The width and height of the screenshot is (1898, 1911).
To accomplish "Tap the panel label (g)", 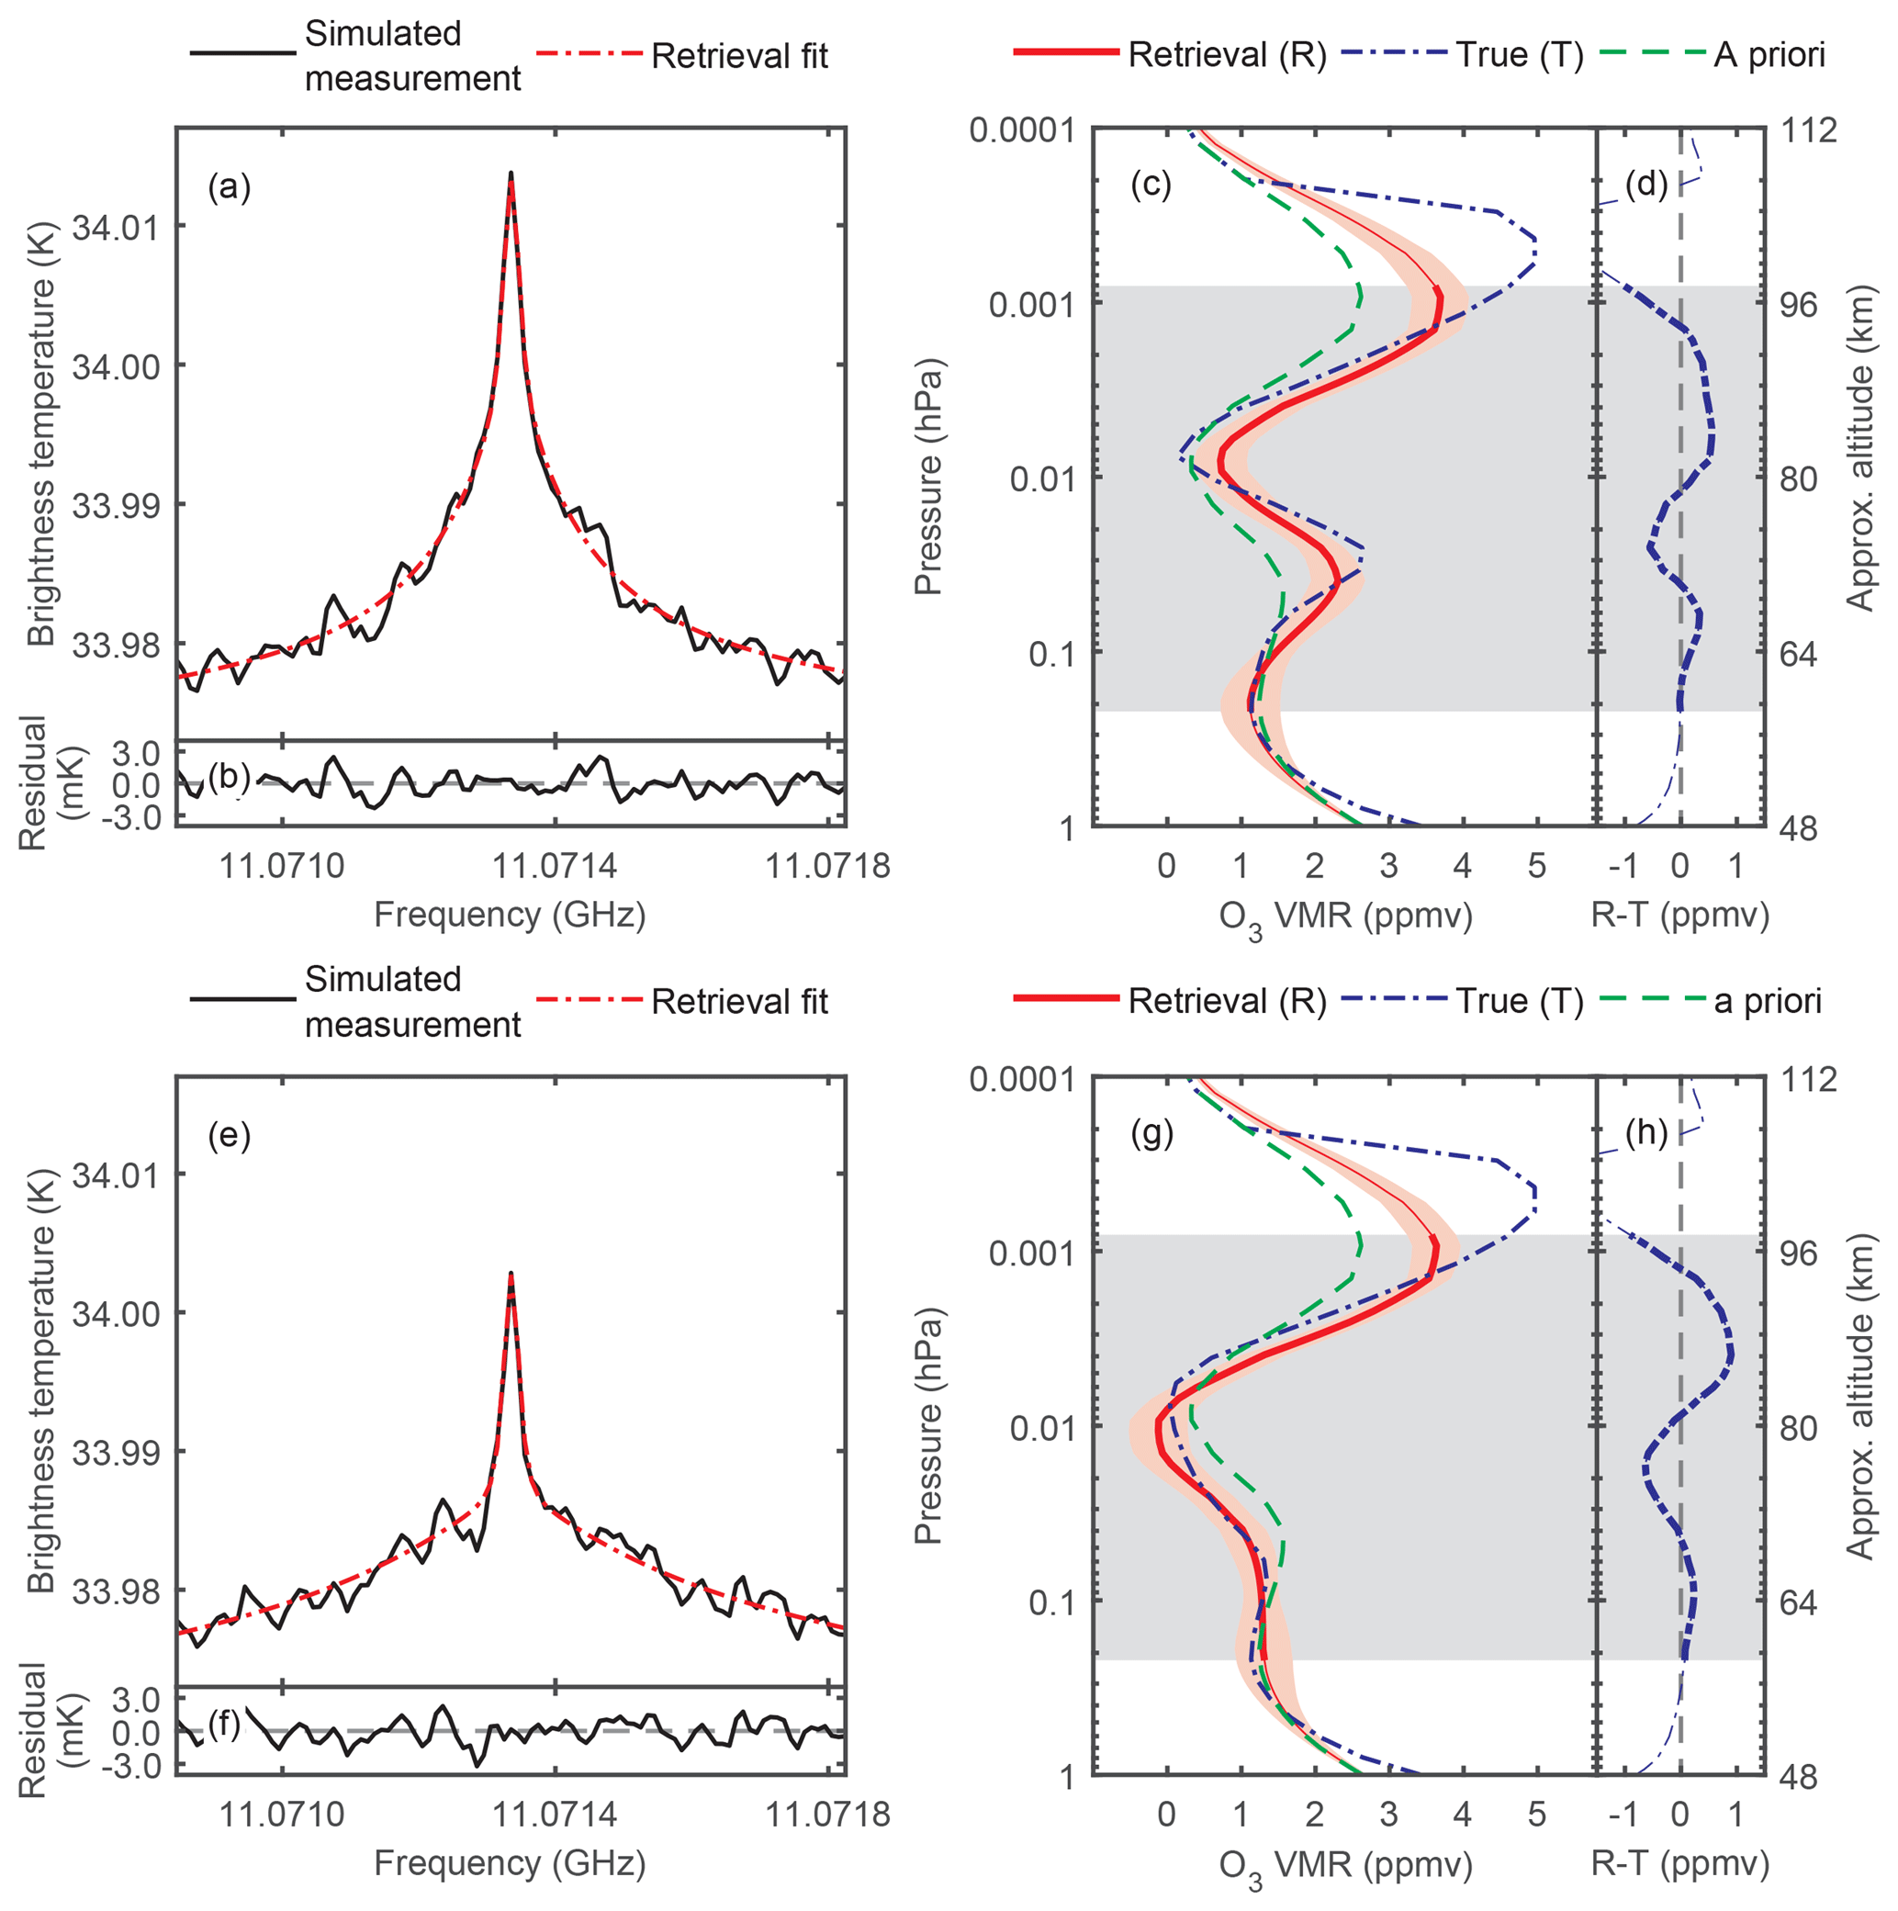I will pos(1151,1133).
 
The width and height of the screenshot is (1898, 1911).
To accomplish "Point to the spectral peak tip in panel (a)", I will pos(511,173).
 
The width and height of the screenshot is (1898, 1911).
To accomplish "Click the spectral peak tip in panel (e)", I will pos(511,1273).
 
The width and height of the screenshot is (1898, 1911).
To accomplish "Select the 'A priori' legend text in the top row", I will pos(1769,54).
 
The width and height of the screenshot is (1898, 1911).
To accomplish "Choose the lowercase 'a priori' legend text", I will pos(1768,1001).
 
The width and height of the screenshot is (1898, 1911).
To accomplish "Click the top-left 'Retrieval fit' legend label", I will pos(739,56).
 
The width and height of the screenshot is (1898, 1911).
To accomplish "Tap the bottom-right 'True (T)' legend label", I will pos(1519,1001).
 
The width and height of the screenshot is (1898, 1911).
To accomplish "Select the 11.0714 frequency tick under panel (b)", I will pos(554,867).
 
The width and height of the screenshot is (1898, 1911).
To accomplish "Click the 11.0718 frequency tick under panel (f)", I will pos(828,1814).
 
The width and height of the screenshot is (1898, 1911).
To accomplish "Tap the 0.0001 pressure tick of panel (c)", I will pos(1022,129).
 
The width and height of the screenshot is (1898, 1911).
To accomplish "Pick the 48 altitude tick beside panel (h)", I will pos(1803,1777).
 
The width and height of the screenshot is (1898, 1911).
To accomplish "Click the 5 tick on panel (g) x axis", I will pos(1536,1814).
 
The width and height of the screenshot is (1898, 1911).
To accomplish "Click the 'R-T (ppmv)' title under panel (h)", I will pos(1679,1864).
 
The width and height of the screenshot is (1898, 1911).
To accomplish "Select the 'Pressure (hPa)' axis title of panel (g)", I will pos(927,1426).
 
